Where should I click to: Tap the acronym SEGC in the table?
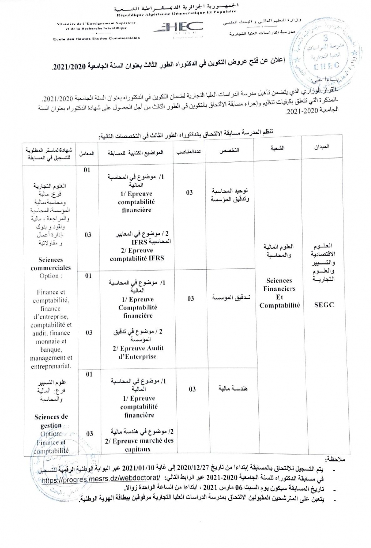pyautogui.click(x=324, y=305)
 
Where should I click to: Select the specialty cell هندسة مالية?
pyautogui.click(x=233, y=388)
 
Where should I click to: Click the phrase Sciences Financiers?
pyautogui.click(x=279, y=285)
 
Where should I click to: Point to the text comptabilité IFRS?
pyautogui.click(x=137, y=258)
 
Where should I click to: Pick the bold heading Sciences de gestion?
pyautogui.click(x=51, y=421)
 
